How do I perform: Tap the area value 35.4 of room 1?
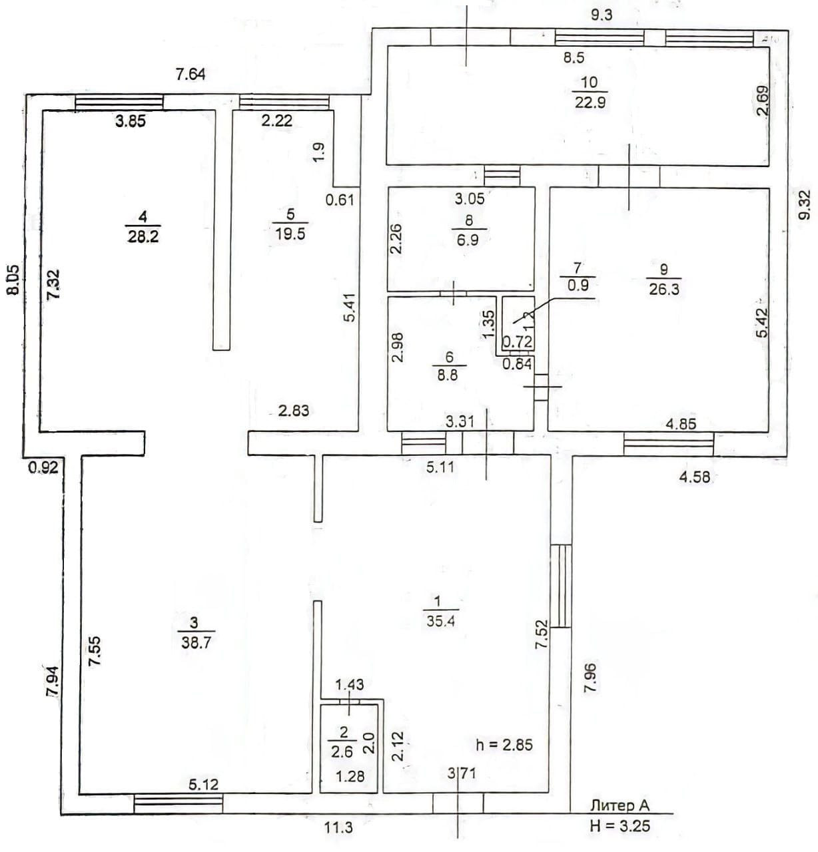point(436,622)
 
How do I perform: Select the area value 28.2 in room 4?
point(143,236)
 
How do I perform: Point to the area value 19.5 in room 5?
point(290,233)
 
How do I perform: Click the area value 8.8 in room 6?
point(449,374)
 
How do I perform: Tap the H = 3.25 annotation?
point(619,827)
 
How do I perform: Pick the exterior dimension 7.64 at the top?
point(190,75)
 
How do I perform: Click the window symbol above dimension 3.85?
point(119,102)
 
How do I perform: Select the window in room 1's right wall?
point(561,586)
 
